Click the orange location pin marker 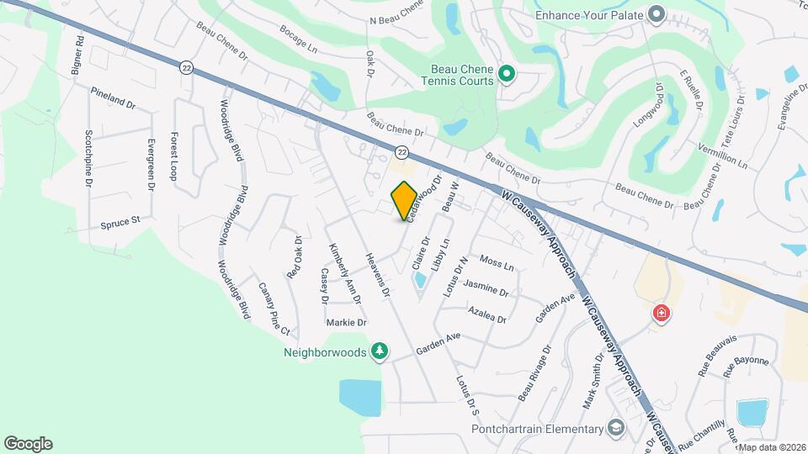point(404,201)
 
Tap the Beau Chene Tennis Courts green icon point(506,75)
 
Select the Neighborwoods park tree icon point(380,351)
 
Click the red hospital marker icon point(662,314)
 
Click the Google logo point(28,444)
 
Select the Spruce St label point(120,224)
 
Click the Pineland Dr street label point(113,102)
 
